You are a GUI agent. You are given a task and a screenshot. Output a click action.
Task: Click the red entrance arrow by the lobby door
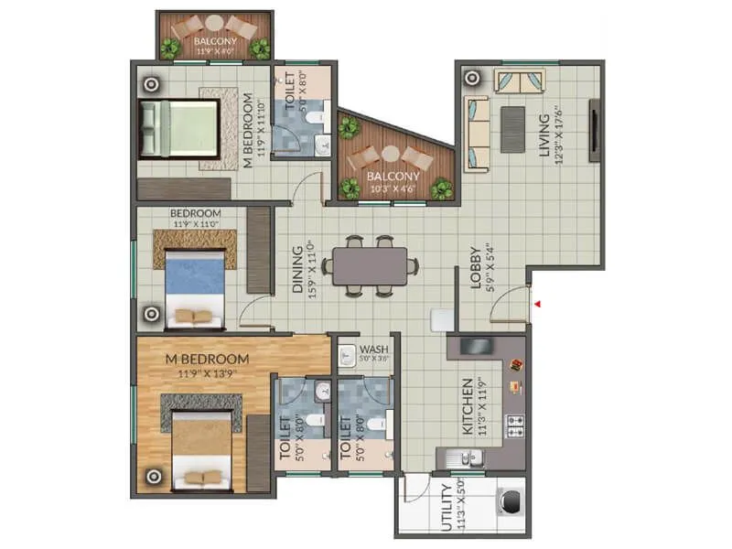tap(540, 303)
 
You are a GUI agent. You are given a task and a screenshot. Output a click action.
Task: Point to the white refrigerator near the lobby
tap(443, 318)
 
